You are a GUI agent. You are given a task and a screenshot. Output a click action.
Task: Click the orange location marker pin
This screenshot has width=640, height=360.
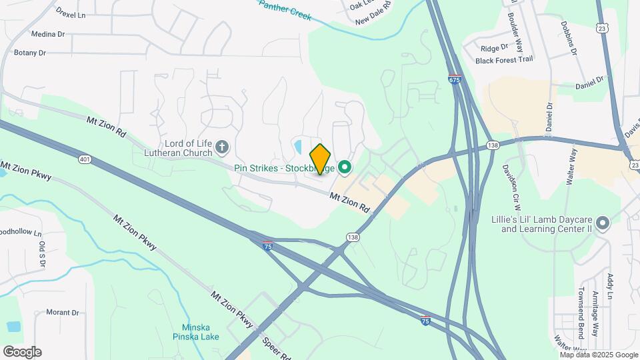coord(321,159)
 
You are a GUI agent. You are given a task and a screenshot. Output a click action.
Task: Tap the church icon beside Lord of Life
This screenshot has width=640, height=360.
coord(223,146)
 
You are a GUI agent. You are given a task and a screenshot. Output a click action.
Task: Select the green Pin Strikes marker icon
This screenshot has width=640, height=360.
coord(345,167)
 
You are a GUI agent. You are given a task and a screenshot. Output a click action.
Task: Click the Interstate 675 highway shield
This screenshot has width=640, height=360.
coord(455,79)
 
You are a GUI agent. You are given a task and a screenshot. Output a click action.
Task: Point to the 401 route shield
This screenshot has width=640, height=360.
coord(84,159)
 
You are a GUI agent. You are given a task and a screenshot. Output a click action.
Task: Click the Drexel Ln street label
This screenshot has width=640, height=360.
coord(71,13)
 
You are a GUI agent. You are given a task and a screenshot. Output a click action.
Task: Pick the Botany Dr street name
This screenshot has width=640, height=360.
coord(30,53)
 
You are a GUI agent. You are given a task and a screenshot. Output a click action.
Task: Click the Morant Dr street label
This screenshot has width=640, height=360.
coord(62,312)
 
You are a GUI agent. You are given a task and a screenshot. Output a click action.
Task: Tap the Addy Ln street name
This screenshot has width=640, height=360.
coord(609,286)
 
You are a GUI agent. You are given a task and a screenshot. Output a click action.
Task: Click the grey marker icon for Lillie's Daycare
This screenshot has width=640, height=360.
coord(603,223)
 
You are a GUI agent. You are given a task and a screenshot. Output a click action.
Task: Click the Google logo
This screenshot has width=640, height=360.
coord(22,351)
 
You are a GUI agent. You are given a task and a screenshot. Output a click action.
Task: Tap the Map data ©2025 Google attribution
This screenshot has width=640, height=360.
coord(599,355)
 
